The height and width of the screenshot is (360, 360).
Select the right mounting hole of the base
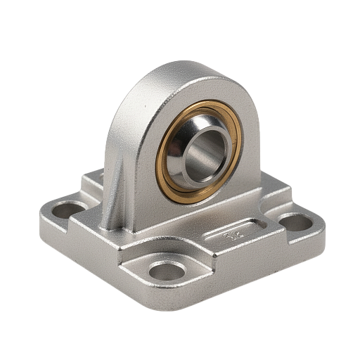pyautogui.click(x=295, y=223)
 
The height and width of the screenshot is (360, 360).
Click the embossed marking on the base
pyautogui.click(x=231, y=237)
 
